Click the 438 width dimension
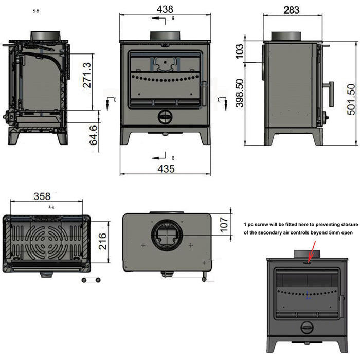tap(166, 9)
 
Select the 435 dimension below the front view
tap(166, 168)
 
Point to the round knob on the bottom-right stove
tap(307, 327)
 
